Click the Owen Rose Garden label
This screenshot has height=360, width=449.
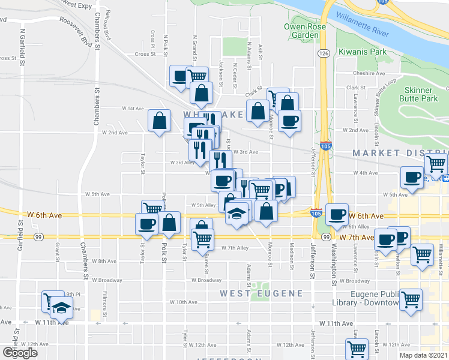tap(302, 31)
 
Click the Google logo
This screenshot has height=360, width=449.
tap(20, 352)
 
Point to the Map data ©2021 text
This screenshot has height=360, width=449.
tap(423, 355)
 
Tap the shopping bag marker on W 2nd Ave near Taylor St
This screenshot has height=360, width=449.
tap(159, 121)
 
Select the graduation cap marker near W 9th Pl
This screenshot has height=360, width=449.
tap(60, 308)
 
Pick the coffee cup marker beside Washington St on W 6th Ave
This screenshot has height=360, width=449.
tap(337, 214)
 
